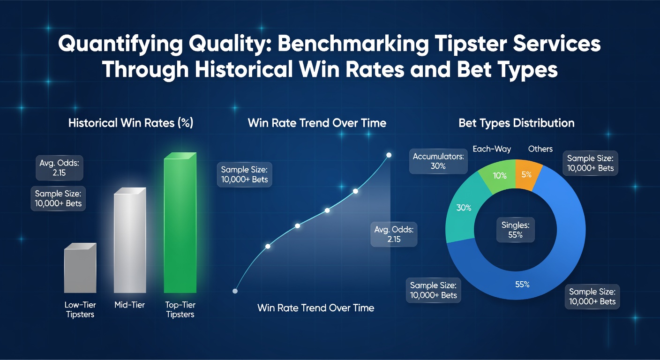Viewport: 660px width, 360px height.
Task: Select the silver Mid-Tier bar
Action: tap(129, 241)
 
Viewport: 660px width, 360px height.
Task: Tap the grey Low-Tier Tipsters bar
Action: tap(80, 270)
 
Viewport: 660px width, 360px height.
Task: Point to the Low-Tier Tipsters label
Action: tap(80, 309)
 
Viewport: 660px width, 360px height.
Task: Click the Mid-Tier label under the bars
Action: tap(129, 305)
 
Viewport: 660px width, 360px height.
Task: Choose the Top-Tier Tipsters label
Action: tap(180, 309)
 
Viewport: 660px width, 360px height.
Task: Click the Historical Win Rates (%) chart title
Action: tap(131, 123)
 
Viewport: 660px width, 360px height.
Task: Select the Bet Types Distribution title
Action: tap(516, 123)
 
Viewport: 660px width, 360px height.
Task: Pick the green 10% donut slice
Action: tap(499, 176)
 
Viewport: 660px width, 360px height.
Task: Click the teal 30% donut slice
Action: tap(464, 207)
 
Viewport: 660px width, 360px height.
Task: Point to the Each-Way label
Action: tap(492, 149)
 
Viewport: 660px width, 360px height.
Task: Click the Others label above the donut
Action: tap(540, 149)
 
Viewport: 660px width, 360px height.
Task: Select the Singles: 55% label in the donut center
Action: tap(515, 230)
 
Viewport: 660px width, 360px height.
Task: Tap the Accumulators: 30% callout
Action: tap(438, 161)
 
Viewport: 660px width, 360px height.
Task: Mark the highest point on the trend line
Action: tap(389, 155)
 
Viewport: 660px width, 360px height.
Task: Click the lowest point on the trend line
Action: tap(235, 291)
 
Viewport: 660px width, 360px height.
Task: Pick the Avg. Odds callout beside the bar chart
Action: tap(60, 167)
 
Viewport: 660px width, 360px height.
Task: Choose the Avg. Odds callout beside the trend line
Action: tap(394, 234)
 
